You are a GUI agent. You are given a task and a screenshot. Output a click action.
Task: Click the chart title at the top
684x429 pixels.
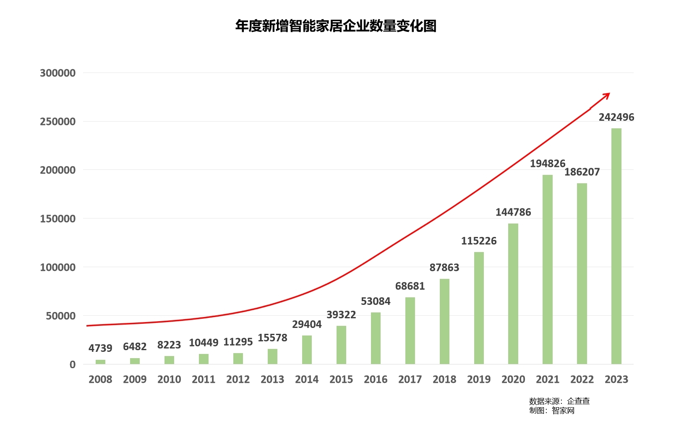(336, 26)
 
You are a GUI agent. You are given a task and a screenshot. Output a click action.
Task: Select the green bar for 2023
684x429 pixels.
(616, 246)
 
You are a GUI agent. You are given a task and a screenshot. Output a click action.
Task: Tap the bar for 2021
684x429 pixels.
(547, 269)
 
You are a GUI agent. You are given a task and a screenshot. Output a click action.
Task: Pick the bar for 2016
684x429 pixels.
(376, 338)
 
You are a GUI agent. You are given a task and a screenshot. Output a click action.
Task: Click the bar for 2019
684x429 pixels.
(479, 308)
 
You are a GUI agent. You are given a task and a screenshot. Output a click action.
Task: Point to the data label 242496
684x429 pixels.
(616, 117)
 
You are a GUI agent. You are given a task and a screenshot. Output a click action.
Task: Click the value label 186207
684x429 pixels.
(582, 172)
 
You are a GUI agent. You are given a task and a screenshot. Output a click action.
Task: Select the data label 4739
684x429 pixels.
(100, 348)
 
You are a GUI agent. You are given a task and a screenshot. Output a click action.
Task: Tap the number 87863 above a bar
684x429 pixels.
(444, 268)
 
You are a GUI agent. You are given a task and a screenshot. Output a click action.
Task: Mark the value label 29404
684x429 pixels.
(307, 325)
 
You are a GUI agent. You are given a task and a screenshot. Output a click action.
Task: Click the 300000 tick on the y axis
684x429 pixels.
(58, 73)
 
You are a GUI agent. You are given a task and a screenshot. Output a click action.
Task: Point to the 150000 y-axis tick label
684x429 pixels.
(58, 219)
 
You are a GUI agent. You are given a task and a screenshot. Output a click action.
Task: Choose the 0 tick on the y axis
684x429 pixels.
(73, 364)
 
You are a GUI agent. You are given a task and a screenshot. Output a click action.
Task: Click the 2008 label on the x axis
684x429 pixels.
(100, 380)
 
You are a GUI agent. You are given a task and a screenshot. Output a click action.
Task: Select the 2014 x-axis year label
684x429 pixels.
(307, 380)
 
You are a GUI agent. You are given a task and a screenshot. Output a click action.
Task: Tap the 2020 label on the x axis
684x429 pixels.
(513, 380)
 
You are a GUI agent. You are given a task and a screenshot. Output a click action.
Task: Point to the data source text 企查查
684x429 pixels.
(578, 401)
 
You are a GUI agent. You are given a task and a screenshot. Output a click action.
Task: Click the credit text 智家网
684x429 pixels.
(563, 411)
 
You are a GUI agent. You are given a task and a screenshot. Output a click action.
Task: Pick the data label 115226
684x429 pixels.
(479, 241)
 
